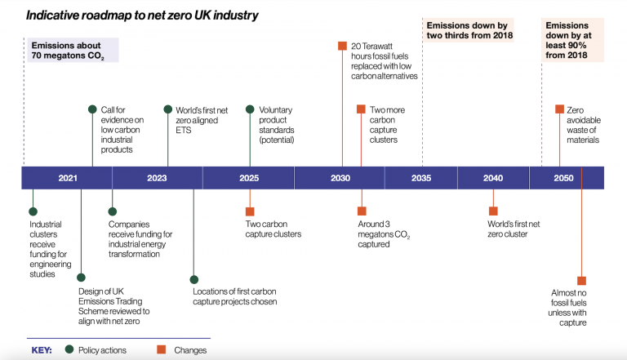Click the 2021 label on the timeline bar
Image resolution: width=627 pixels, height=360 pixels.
[x=68, y=178]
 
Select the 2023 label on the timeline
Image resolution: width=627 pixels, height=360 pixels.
[x=157, y=178]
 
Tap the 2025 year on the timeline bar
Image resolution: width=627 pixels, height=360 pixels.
[x=249, y=178]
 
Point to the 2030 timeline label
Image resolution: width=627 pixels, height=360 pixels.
[x=340, y=178]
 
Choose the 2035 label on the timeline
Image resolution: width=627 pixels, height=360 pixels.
[x=421, y=178]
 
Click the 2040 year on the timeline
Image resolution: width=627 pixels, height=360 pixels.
[x=493, y=178]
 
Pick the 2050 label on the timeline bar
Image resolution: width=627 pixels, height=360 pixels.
[x=563, y=178]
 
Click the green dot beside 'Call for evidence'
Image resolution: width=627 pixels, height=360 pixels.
[x=92, y=109]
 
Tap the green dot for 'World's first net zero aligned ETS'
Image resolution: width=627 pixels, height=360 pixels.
[x=168, y=109]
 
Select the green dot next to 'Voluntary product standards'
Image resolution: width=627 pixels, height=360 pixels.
[x=250, y=109]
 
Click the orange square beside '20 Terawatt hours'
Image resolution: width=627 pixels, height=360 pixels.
[x=342, y=46]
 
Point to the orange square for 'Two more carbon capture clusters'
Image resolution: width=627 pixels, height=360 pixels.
[x=361, y=109]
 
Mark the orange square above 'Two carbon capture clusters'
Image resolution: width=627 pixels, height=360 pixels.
[x=250, y=211]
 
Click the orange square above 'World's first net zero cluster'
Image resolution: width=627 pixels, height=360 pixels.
[x=493, y=211]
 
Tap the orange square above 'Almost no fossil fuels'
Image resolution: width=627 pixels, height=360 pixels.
[x=582, y=281]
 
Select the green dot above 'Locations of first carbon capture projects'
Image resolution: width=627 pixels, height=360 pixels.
[x=194, y=280]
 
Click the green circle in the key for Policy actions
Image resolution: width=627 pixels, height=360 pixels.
[x=69, y=349]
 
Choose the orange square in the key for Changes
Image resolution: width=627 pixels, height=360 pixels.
[x=161, y=349]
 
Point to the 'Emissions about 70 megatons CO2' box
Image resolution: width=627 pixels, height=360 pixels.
[x=73, y=50]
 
